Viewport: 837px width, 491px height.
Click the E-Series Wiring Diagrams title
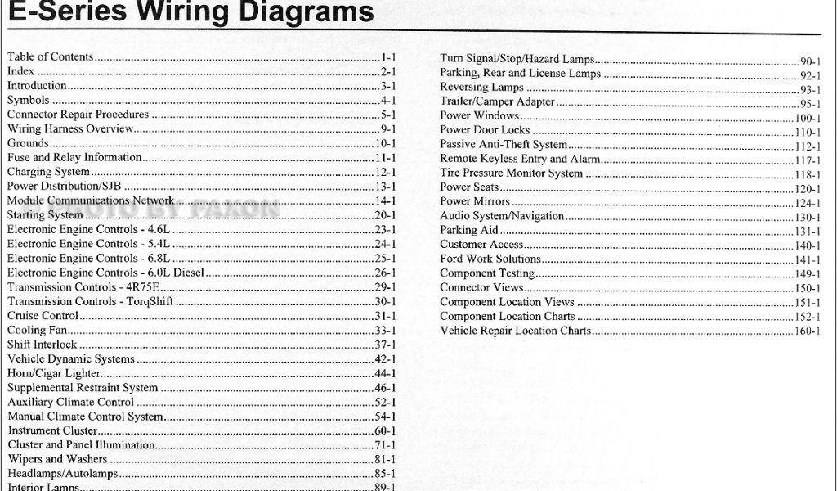(x=188, y=12)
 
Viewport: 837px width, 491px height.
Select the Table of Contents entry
(x=51, y=57)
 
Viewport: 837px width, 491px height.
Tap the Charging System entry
(x=48, y=172)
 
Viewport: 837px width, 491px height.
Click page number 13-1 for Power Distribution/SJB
(x=385, y=187)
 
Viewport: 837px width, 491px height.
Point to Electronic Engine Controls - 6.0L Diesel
(x=105, y=273)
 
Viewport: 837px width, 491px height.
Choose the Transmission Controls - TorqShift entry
(x=90, y=301)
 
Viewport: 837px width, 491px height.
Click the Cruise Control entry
(x=43, y=316)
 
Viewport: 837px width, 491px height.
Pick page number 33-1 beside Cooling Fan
(x=385, y=331)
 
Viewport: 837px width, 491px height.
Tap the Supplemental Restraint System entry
(x=83, y=388)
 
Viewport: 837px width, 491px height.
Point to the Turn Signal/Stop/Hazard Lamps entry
(x=517, y=59)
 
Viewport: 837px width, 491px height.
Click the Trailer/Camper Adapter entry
(x=497, y=101)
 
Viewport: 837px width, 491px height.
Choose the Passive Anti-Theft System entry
(x=504, y=145)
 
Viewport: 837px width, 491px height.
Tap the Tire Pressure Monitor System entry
(x=511, y=173)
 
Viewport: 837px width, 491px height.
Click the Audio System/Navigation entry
(x=502, y=216)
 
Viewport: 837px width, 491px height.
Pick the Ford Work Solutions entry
(x=490, y=259)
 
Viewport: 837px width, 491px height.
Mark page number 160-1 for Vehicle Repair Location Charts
(x=808, y=332)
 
